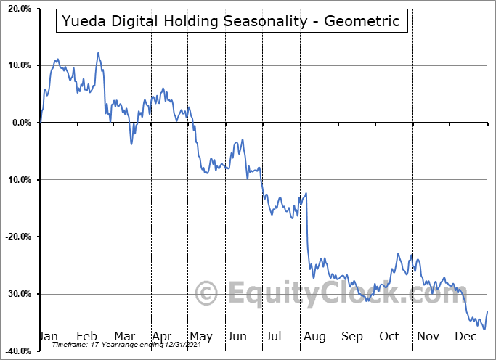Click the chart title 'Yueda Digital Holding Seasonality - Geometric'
231,21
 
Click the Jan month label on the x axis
48,336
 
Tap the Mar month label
125,336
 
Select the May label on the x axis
200,336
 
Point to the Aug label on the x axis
315,336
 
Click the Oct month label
389,336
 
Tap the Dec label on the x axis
464,336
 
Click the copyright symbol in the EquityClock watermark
208,294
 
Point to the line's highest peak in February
98,53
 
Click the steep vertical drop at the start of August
307,225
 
